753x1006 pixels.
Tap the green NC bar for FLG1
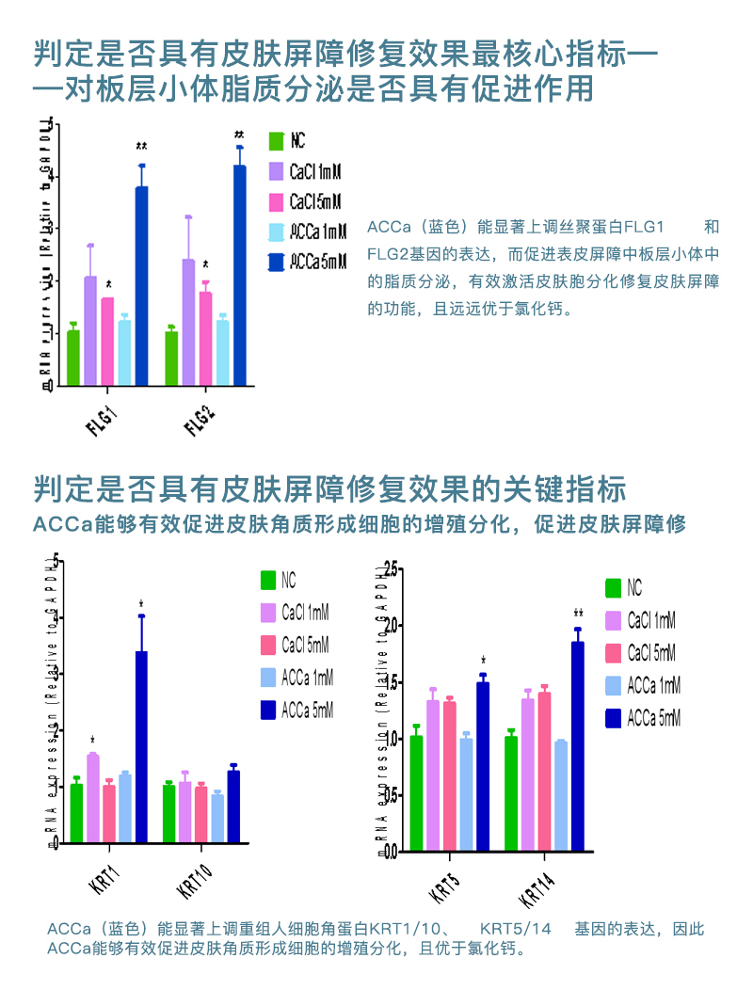pos(73,358)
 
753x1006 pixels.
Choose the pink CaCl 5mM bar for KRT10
pos(201,815)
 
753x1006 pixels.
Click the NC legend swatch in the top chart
pos(276,141)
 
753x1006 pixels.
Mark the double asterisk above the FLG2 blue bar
pos(239,135)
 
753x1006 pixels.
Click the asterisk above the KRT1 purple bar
pos(92,741)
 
